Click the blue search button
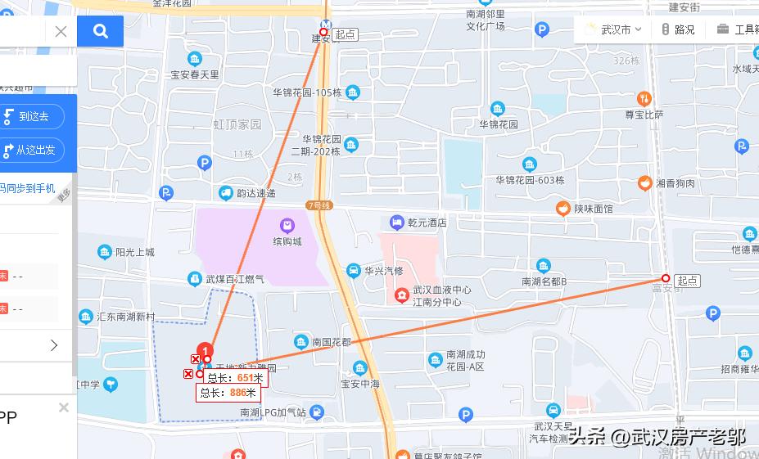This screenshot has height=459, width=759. click(x=100, y=32)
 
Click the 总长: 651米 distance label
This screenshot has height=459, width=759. click(x=235, y=378)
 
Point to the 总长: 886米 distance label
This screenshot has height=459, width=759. click(x=226, y=393)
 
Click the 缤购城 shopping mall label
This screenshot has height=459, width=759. click(x=287, y=241)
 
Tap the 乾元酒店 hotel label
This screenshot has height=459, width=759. click(x=427, y=223)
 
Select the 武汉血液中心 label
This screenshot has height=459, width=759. click(x=441, y=290)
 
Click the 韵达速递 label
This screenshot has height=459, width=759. click(x=255, y=194)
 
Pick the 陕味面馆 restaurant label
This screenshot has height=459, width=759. click(x=593, y=209)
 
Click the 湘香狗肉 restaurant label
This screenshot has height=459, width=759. click(x=675, y=183)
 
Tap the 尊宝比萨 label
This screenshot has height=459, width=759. click(x=644, y=115)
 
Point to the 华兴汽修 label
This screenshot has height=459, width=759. click(x=383, y=271)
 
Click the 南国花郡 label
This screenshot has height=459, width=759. click(x=332, y=342)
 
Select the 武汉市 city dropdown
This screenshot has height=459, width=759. click(x=615, y=29)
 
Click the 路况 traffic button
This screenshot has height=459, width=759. click(x=679, y=29)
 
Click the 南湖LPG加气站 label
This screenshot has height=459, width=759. click(x=273, y=413)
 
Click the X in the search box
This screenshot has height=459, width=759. click(x=61, y=32)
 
